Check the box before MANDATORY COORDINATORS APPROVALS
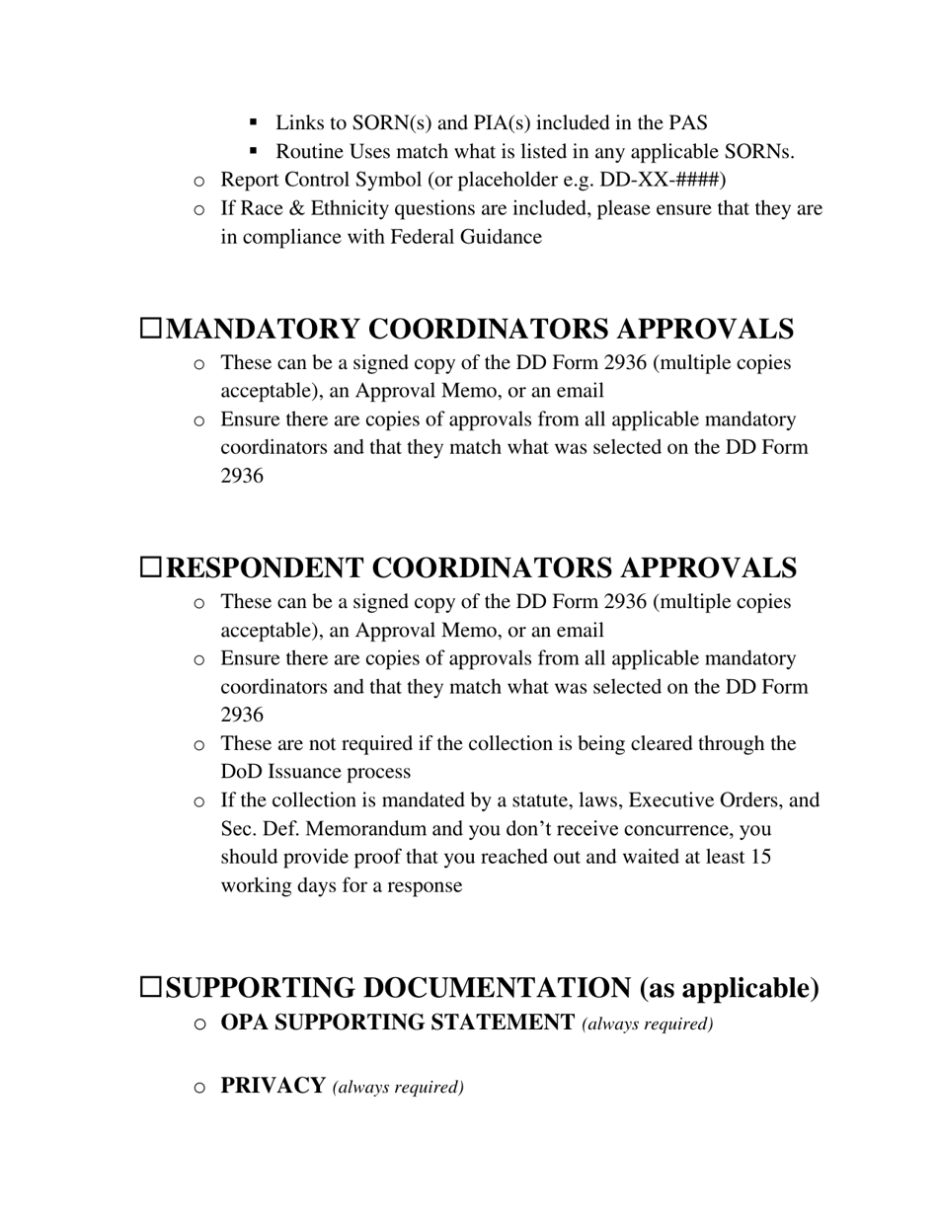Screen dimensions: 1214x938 click(x=150, y=329)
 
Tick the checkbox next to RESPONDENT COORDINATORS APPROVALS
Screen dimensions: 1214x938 click(x=150, y=568)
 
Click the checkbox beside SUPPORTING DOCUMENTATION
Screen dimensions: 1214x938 click(x=150, y=987)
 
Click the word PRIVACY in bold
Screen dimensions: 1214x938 click(x=273, y=1086)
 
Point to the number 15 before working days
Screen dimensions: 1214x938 click(x=760, y=857)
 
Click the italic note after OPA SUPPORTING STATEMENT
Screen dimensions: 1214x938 click(x=648, y=1024)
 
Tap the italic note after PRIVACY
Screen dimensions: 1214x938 click(x=398, y=1088)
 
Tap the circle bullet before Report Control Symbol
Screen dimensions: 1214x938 click(x=199, y=181)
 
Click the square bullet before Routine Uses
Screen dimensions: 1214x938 click(x=254, y=151)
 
